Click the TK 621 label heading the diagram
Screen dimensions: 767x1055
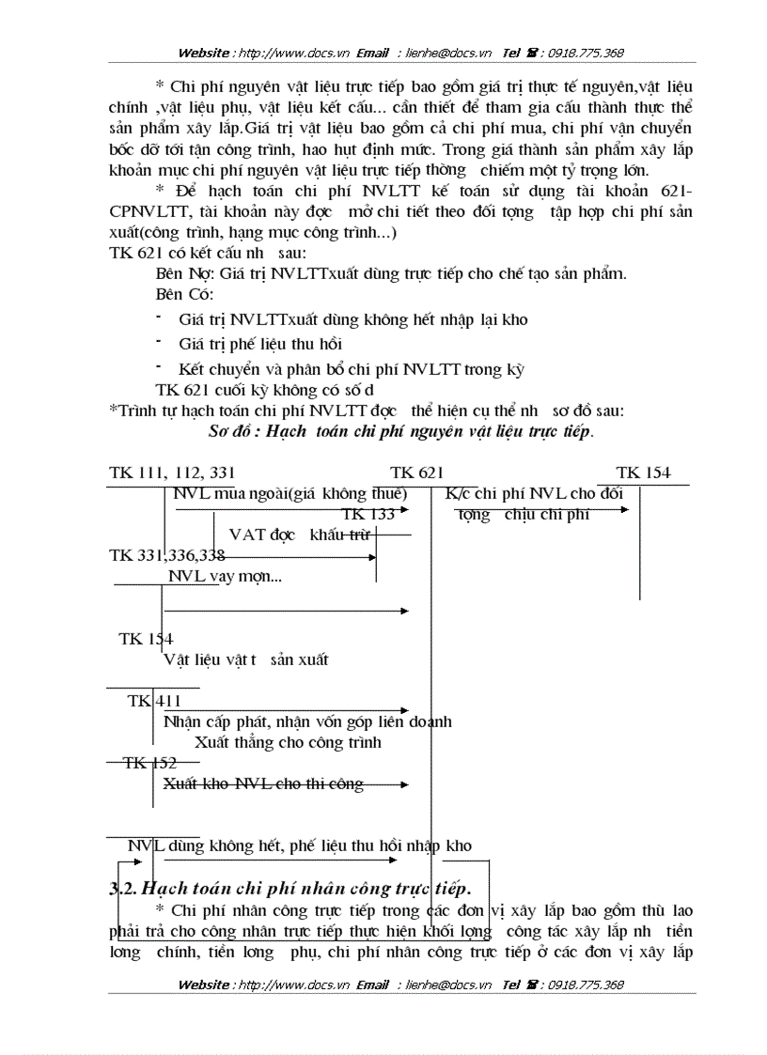tap(416, 473)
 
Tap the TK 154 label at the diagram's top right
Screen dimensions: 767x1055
tap(643, 473)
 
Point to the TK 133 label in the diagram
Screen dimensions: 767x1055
tap(368, 514)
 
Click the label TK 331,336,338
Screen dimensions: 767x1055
tap(167, 555)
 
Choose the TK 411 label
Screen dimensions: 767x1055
tap(155, 701)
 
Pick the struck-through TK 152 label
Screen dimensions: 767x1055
tap(150, 763)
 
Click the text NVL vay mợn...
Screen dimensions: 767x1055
tap(225, 577)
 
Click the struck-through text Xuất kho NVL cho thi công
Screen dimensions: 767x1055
tap(263, 783)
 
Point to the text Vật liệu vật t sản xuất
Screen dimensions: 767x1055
tap(246, 659)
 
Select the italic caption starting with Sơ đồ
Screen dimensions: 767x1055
tap(400, 432)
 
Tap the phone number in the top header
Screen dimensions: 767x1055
tap(583, 53)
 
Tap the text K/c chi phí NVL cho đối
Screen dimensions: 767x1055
tap(534, 493)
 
